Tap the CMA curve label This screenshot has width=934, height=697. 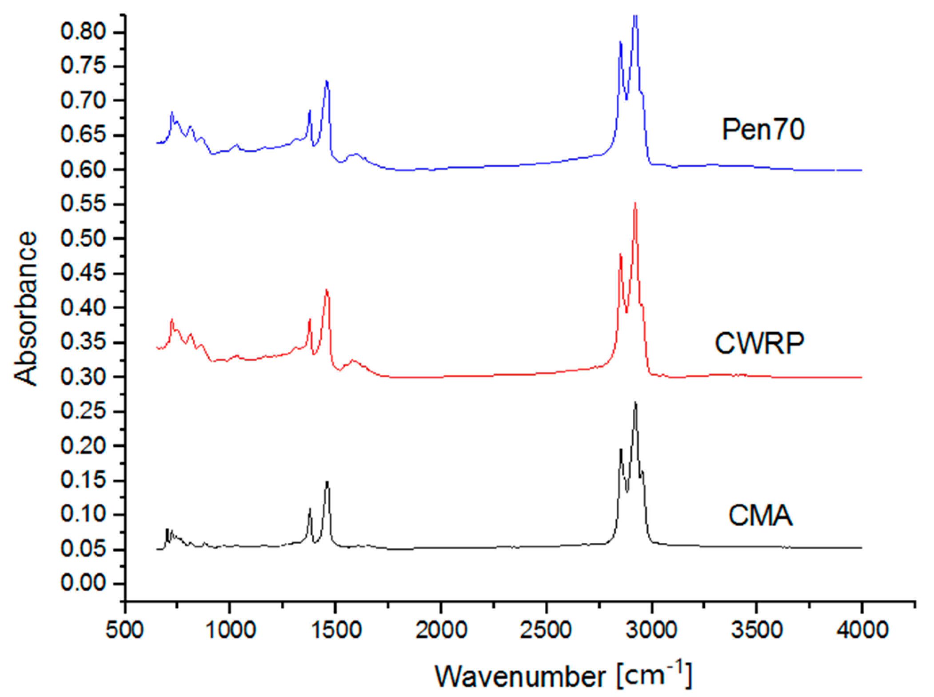coord(760,517)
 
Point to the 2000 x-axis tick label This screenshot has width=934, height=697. coord(441,631)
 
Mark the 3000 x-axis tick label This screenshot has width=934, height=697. coord(651,631)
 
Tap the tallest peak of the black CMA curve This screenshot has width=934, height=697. coord(635,402)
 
